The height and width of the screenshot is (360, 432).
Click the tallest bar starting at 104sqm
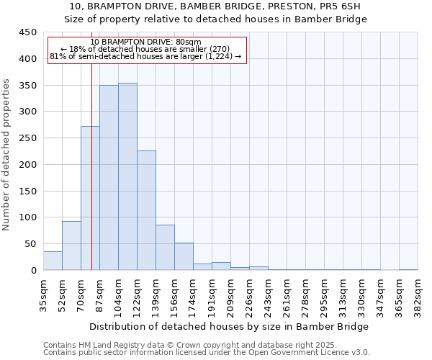(127, 176)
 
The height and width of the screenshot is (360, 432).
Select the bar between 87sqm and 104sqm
(109, 178)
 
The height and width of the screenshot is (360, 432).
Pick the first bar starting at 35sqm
(53, 261)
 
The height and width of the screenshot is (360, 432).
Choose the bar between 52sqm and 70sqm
(71, 246)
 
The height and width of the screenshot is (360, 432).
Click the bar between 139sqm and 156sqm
(165, 248)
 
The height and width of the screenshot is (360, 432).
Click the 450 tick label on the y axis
(28, 32)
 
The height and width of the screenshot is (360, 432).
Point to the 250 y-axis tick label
(28, 138)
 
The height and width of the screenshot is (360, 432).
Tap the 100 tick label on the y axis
(28, 217)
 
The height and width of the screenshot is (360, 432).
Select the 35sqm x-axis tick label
(43, 294)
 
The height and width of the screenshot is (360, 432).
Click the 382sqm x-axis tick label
(418, 294)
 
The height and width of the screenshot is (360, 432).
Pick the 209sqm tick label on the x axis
(230, 294)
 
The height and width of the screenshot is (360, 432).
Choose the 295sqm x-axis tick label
(324, 294)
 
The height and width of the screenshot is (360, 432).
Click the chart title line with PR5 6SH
(216, 6)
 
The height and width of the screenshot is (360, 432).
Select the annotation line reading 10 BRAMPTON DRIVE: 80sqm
(146, 42)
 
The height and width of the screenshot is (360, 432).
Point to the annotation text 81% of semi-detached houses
(145, 56)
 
